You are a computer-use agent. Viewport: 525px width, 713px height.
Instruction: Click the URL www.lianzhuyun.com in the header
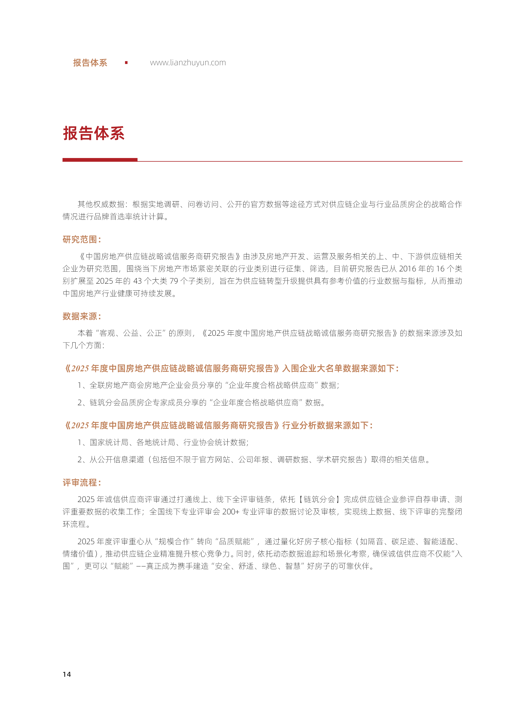(188, 63)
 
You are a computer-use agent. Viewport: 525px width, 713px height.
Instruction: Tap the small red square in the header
(126, 63)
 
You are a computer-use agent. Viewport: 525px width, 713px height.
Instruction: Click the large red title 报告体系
(94, 133)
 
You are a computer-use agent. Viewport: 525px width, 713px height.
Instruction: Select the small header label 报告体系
(90, 63)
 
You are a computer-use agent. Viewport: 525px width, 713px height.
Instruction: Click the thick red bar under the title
(100, 160)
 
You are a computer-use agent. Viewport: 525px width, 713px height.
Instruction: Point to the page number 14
(67, 674)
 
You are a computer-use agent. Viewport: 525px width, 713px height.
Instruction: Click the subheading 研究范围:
(82, 240)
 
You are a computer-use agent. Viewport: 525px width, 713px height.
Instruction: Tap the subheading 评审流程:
(82, 483)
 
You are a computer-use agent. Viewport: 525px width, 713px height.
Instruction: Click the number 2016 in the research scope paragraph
(408, 269)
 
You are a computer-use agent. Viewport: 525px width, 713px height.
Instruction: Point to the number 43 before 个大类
(137, 281)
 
